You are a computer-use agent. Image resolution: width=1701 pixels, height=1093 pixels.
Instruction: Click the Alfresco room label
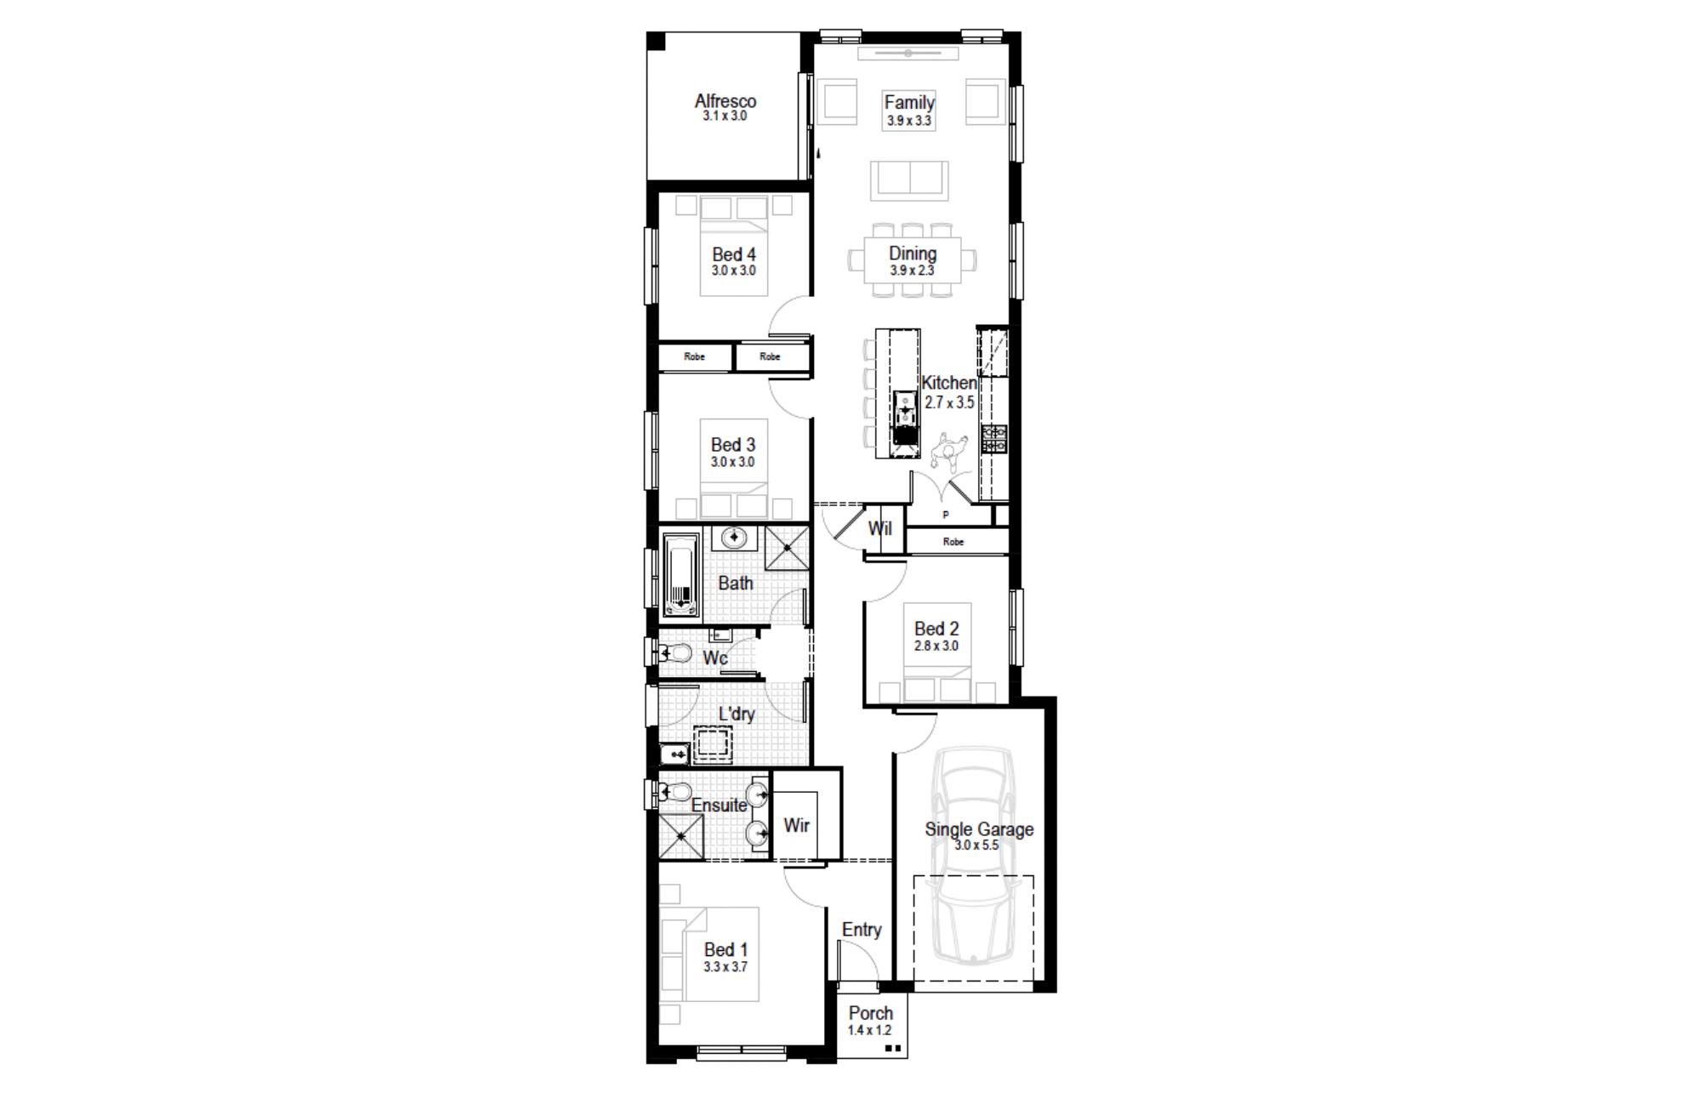tap(725, 100)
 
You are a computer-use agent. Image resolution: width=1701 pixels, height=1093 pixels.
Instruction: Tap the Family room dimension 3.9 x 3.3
tap(909, 121)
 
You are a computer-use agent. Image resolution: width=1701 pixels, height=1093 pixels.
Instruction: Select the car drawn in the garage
tap(974, 855)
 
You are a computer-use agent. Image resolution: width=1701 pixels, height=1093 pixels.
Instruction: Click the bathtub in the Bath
tap(680, 574)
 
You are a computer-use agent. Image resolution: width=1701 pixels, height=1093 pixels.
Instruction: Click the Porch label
tap(871, 1013)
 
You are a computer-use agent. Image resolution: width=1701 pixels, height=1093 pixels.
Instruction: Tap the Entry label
tap(862, 930)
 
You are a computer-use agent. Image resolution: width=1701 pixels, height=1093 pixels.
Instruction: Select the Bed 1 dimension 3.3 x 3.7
tap(725, 967)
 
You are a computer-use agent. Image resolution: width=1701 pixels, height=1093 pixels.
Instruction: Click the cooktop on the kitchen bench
tap(993, 439)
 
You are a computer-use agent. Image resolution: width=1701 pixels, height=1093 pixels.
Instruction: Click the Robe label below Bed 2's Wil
tap(953, 542)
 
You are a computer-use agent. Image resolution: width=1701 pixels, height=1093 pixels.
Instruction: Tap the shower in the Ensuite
tap(681, 836)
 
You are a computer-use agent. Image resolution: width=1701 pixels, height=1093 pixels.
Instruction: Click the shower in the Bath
tap(787, 548)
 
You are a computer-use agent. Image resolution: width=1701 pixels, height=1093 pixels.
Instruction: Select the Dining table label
tap(913, 253)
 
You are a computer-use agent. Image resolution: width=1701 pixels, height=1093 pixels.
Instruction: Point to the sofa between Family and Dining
tap(909, 180)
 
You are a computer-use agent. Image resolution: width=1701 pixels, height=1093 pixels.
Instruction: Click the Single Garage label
tap(979, 829)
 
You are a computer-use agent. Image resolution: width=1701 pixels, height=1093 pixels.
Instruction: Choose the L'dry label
tap(737, 714)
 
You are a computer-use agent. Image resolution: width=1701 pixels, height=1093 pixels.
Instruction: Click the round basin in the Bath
tap(734, 538)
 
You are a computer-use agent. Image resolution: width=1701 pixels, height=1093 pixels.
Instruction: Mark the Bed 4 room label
tap(734, 254)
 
